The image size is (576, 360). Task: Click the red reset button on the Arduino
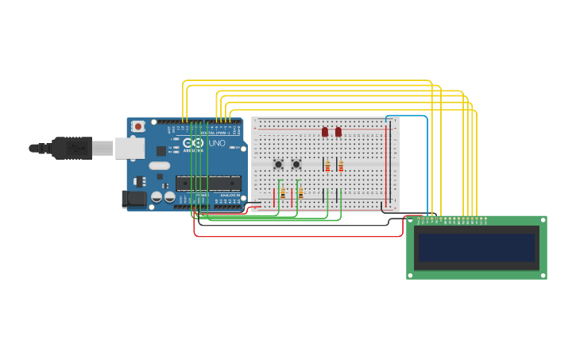(x=138, y=126)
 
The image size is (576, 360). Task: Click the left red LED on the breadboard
(x=325, y=131)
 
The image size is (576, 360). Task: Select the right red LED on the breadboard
(x=338, y=131)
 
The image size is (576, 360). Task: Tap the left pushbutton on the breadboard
(x=278, y=165)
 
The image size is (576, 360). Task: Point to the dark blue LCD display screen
(x=477, y=247)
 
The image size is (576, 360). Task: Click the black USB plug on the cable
(x=72, y=148)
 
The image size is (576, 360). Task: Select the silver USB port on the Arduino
(x=130, y=148)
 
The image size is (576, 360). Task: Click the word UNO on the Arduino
(x=217, y=144)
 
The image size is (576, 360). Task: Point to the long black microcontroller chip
(x=208, y=183)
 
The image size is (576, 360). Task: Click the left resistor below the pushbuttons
(x=283, y=193)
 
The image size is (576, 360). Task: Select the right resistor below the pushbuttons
(x=300, y=193)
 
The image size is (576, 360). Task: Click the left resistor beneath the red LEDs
(x=327, y=166)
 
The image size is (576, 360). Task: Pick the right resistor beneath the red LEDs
(x=341, y=166)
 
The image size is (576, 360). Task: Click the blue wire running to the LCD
(x=427, y=159)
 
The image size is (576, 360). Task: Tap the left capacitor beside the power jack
(x=157, y=196)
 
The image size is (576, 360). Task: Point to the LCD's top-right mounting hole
(x=543, y=220)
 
